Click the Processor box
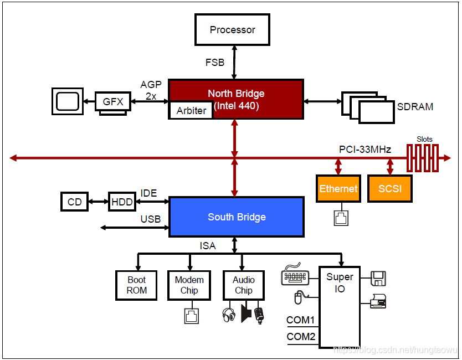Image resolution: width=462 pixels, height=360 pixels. [232, 30]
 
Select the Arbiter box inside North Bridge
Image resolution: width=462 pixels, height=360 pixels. [191, 111]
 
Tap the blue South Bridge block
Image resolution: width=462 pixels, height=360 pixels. [237, 217]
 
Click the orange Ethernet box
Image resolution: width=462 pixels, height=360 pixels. [338, 189]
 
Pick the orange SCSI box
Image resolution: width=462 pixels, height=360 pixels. [390, 189]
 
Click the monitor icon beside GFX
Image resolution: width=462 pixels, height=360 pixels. [68, 101]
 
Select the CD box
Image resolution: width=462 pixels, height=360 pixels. [75, 202]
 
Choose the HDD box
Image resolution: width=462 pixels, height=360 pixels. [122, 202]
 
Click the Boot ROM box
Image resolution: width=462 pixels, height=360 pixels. [137, 285]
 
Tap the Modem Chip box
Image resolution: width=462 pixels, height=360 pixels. [189, 285]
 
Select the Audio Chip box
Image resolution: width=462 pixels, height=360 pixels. [243, 285]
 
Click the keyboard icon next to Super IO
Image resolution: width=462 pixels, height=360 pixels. [294, 275]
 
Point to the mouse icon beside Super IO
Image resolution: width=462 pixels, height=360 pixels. [298, 299]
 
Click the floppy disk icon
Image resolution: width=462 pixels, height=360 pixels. [379, 278]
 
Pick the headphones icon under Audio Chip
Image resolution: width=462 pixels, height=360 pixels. [228, 315]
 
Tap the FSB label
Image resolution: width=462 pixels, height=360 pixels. [215, 63]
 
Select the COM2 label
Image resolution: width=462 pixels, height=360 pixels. [300, 337]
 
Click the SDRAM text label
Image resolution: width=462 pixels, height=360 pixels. [415, 106]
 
